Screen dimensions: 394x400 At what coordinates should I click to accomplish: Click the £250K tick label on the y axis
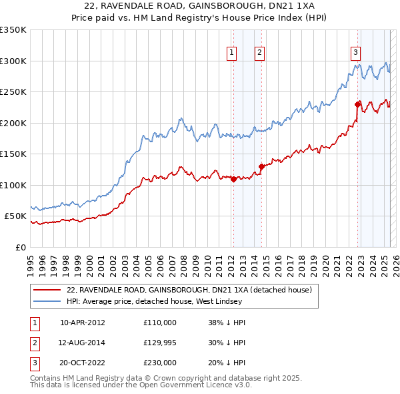tap(13, 92)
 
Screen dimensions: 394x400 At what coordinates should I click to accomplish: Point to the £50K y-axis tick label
tap(15, 216)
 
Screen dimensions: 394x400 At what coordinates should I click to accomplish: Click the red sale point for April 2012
tap(233, 179)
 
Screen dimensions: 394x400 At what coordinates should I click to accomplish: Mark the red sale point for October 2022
tap(358, 104)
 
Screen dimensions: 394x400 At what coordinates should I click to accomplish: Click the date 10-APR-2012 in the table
tap(83, 323)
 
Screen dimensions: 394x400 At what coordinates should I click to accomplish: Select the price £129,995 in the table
tap(160, 343)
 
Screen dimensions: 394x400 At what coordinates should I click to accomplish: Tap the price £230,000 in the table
tap(160, 364)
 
